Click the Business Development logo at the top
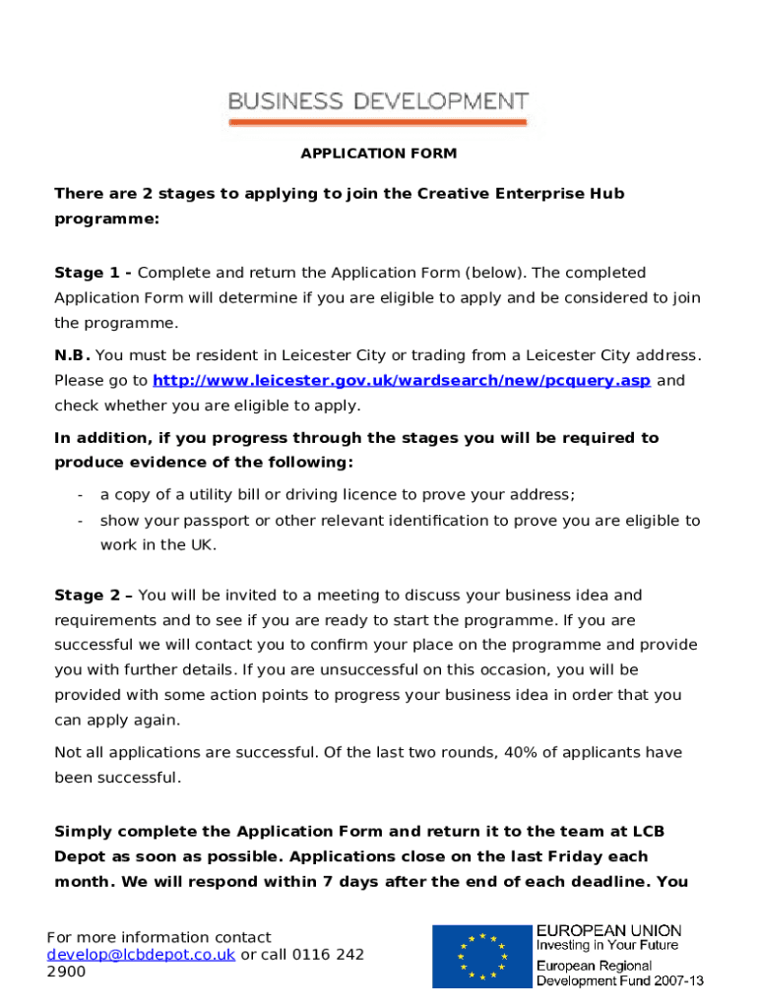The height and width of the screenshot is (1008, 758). [378, 101]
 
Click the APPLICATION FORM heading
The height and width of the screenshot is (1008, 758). [378, 154]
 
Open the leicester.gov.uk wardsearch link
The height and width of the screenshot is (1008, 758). [401, 380]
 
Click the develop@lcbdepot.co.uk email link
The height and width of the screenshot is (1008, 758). [141, 954]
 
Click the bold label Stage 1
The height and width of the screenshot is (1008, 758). [93, 273]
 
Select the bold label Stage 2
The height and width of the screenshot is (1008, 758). [93, 596]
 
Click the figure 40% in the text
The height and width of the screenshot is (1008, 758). [522, 753]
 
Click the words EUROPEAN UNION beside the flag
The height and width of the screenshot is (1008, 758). [607, 930]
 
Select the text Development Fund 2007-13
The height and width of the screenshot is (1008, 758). [619, 980]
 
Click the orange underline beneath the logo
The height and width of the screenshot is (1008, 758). [378, 122]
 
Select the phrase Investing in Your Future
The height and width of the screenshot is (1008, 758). [606, 946]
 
